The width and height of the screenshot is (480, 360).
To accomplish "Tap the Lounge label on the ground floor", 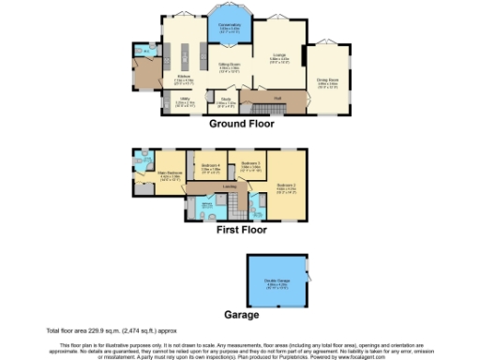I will click(x=279, y=58).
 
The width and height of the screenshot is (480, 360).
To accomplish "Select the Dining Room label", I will click(x=327, y=82).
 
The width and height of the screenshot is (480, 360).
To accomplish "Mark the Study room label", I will click(x=227, y=100).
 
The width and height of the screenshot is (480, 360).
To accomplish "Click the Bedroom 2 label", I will click(x=286, y=187).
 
